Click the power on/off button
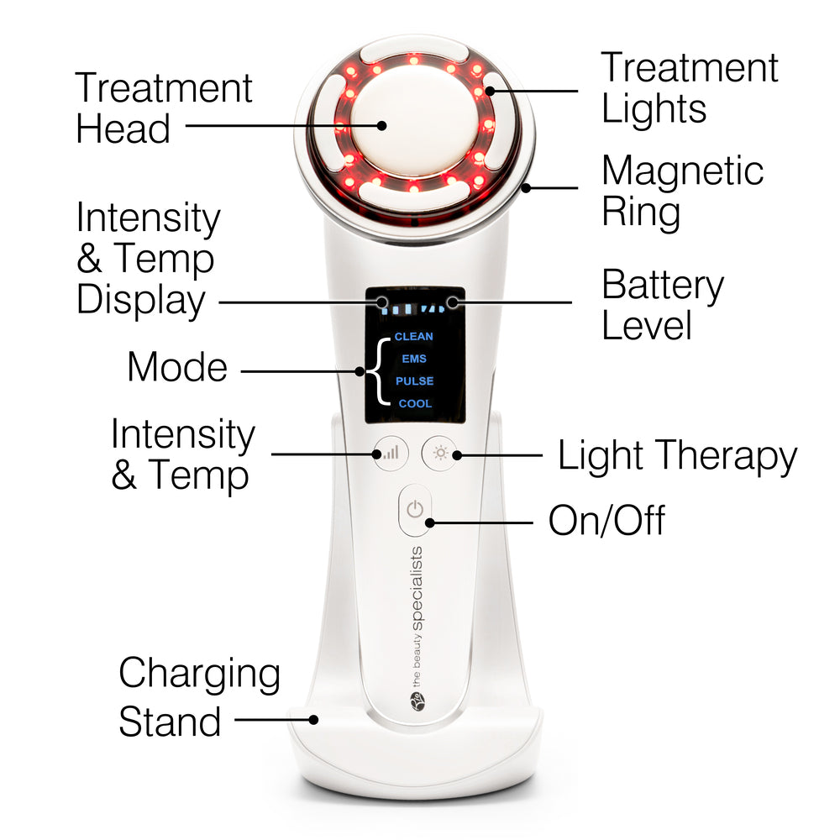(x=413, y=510)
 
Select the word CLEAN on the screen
(x=414, y=337)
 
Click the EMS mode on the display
(x=414, y=359)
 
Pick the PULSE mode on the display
(x=414, y=381)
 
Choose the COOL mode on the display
(x=415, y=404)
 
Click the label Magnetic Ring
(x=682, y=192)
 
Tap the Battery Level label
(x=662, y=306)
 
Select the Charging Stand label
(x=199, y=697)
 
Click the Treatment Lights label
(x=689, y=88)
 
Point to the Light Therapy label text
(x=677, y=456)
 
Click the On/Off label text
(x=606, y=521)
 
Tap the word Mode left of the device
(x=177, y=368)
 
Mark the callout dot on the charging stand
(x=313, y=719)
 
